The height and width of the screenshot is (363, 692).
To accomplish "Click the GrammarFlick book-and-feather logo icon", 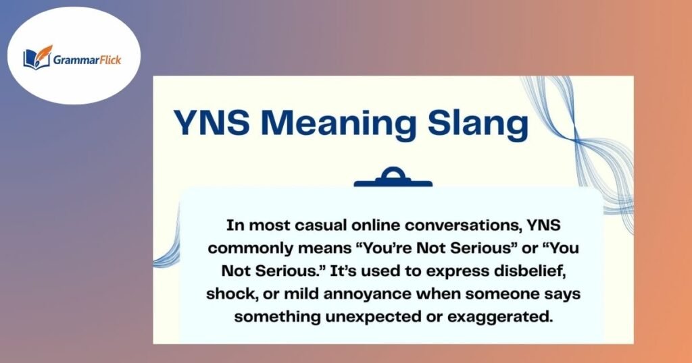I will (x=38, y=57).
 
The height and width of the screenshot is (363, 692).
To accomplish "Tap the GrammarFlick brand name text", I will (x=85, y=58).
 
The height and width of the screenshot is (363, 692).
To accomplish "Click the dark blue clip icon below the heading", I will (x=393, y=178).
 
